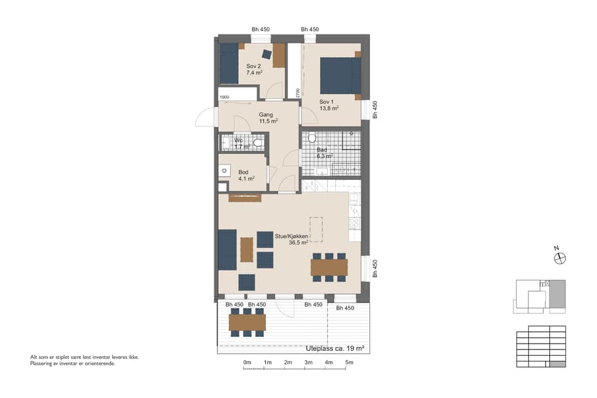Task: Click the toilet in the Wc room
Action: [x=257, y=143]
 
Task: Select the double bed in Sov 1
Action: [x=340, y=76]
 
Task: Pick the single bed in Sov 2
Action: [x=229, y=64]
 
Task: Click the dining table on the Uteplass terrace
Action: [x=247, y=322]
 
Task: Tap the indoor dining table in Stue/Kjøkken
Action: [x=329, y=267]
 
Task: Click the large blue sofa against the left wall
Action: [x=228, y=249]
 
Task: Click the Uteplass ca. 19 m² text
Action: [x=336, y=348]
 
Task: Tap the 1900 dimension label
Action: [x=224, y=98]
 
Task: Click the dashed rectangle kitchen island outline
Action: [x=315, y=230]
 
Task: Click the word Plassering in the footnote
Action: [x=44, y=363]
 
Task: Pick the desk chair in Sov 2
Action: [x=267, y=54]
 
